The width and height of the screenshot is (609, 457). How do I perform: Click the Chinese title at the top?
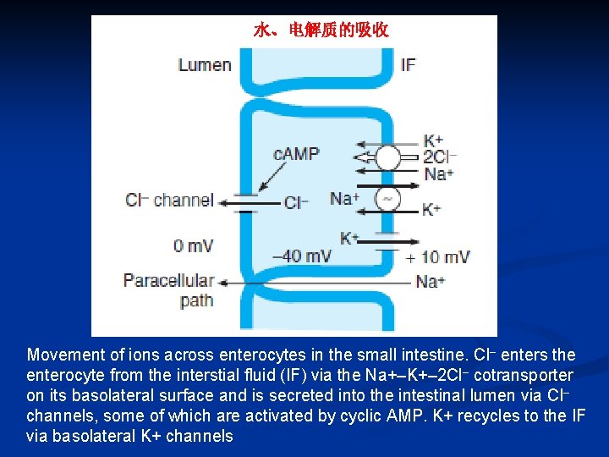click(321, 31)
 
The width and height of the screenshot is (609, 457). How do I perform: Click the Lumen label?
click(205, 65)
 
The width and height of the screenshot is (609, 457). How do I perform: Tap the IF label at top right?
click(408, 65)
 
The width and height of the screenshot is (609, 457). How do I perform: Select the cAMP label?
click(296, 154)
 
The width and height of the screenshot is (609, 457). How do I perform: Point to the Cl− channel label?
click(169, 201)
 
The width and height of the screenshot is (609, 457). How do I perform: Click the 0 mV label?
click(193, 246)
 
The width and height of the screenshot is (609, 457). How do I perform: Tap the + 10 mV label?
click(437, 257)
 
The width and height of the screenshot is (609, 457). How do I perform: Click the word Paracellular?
click(168, 280)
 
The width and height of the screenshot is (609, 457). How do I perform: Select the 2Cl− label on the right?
click(440, 157)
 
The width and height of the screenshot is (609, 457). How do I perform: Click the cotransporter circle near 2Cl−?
click(388, 157)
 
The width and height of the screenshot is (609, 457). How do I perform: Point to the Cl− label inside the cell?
click(295, 203)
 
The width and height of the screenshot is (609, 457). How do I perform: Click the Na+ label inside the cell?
click(344, 199)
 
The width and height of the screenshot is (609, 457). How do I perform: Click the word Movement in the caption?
click(62, 355)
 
